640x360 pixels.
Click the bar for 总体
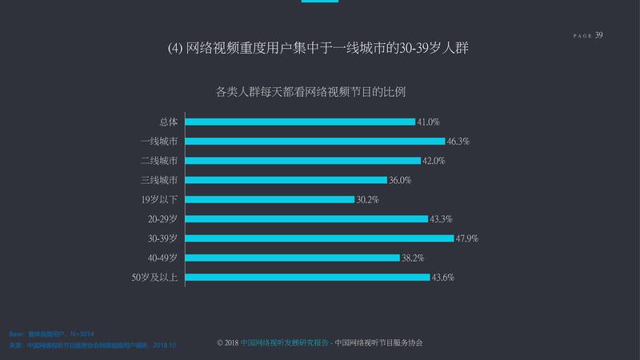click(300, 122)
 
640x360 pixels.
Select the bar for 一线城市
click(315, 142)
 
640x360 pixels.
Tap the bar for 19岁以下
click(270, 199)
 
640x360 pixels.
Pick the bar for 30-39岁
click(320, 238)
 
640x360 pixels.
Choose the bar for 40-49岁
click(292, 258)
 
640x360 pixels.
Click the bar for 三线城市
click(286, 180)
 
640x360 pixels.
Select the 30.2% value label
click(368, 199)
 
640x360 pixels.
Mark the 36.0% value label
click(399, 180)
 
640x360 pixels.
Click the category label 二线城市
click(159, 161)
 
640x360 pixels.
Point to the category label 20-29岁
click(162, 219)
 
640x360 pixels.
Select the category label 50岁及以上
click(155, 278)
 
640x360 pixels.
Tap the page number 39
click(599, 34)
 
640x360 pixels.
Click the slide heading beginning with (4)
click(318, 48)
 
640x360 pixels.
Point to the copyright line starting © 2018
click(319, 342)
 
